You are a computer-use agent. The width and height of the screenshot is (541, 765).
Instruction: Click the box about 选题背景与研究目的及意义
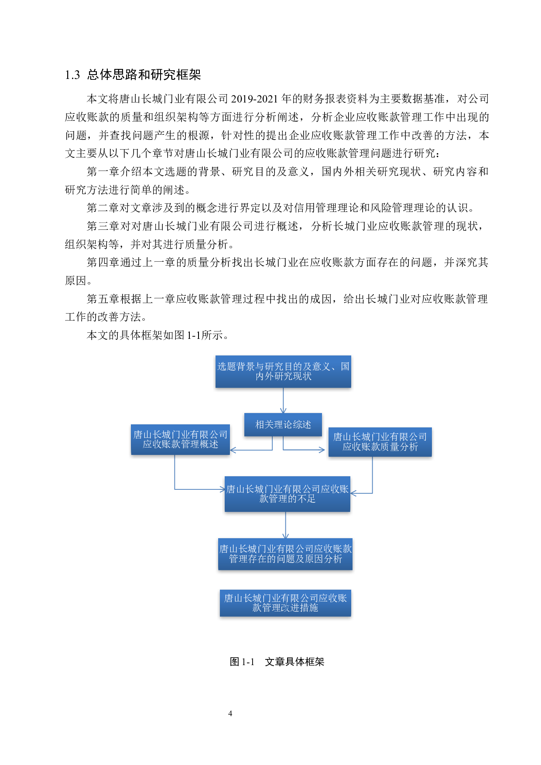(x=283, y=372)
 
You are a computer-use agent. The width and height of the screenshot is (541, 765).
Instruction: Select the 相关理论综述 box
(x=283, y=424)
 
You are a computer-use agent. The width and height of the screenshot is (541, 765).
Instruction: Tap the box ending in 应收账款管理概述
(x=180, y=440)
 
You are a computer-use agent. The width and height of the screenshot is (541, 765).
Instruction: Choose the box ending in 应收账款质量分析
(x=380, y=442)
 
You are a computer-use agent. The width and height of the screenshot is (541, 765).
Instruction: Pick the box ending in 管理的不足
(x=287, y=494)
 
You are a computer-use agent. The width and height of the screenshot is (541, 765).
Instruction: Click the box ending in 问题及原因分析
(x=285, y=554)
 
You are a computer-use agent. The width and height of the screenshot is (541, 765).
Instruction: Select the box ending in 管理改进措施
(x=285, y=603)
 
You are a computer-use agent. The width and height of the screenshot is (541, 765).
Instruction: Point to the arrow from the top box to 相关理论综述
(x=283, y=400)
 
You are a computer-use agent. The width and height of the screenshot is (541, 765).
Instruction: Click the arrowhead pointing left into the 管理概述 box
(x=233, y=450)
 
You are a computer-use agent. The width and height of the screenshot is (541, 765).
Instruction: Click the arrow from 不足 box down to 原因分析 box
(x=285, y=525)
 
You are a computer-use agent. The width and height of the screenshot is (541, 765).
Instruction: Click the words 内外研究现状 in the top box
(x=284, y=376)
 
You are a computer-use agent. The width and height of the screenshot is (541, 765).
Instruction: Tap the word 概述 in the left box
(x=209, y=444)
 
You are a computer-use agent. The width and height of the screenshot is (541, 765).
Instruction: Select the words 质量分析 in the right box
(x=399, y=447)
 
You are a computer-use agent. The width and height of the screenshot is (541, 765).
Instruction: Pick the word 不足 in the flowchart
(x=306, y=499)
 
